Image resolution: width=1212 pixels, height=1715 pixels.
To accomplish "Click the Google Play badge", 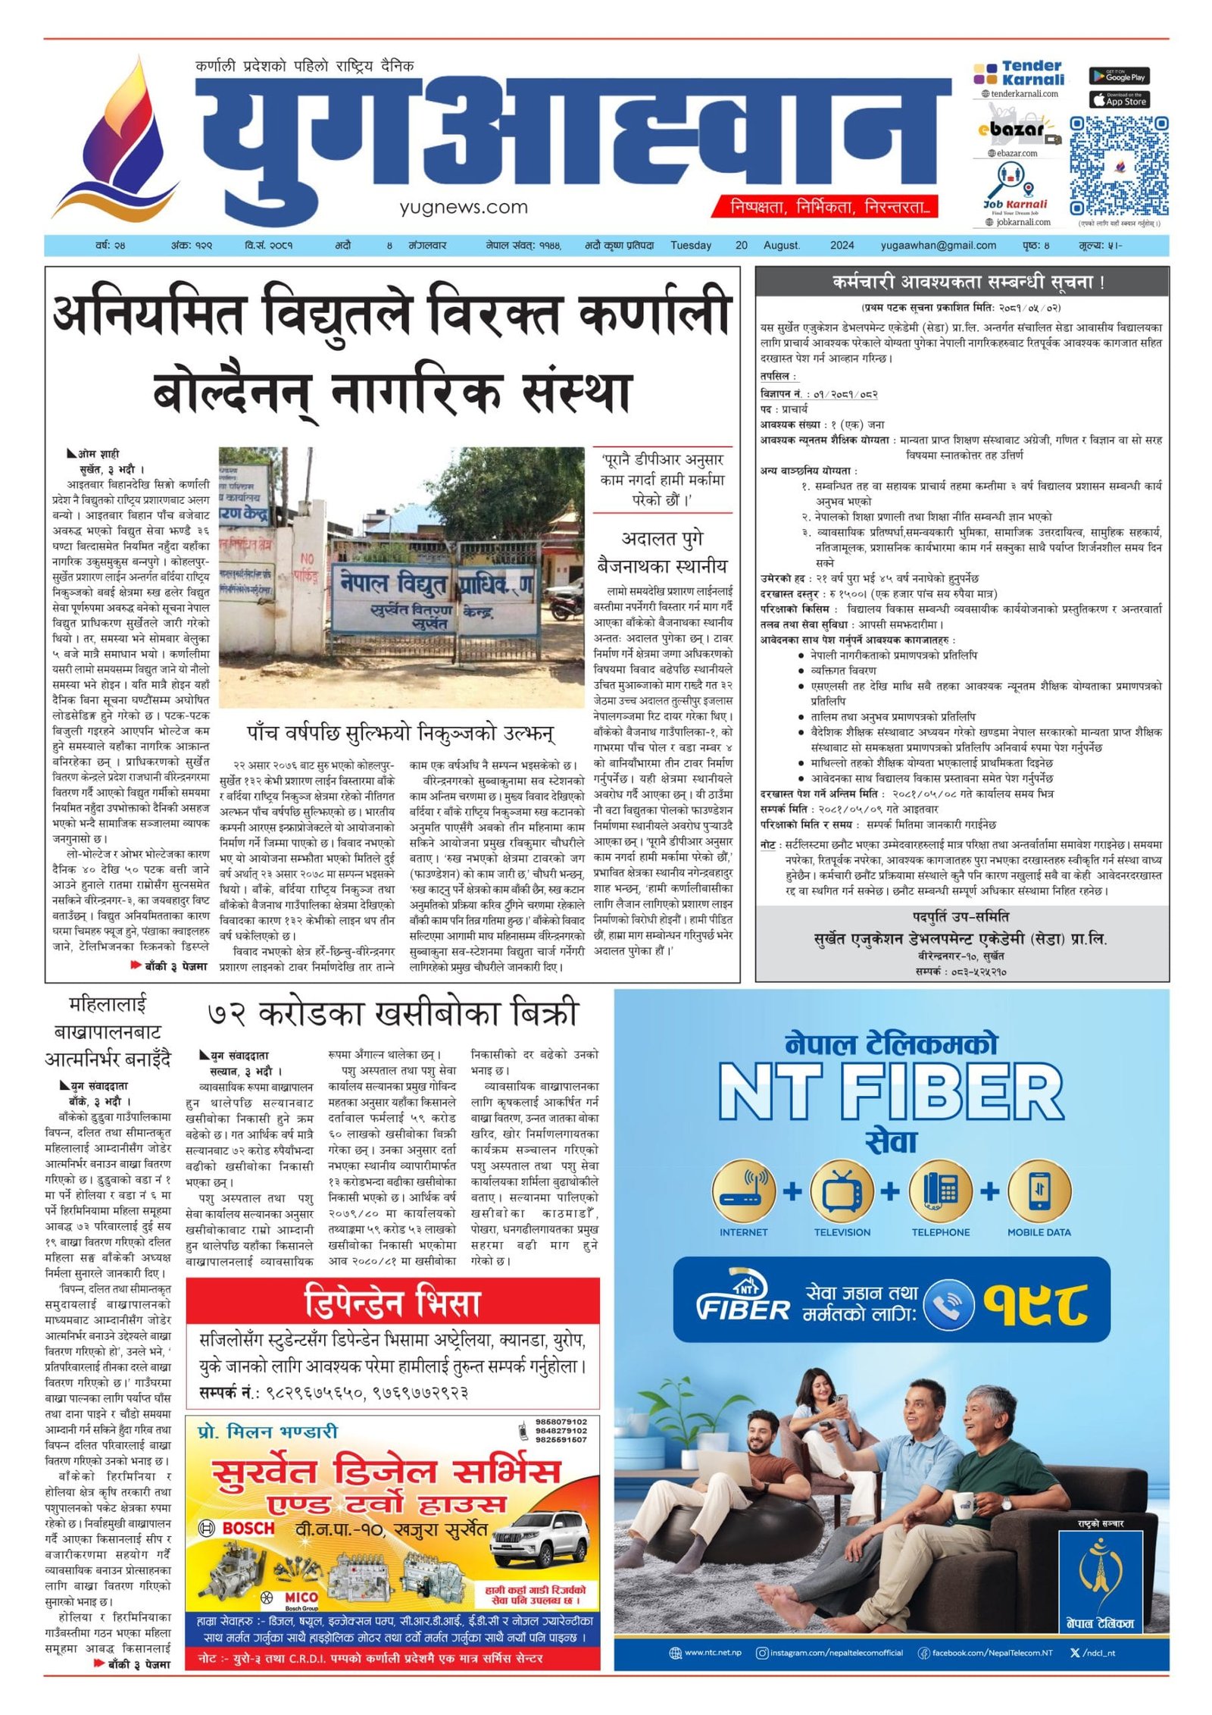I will pyautogui.click(x=1119, y=76).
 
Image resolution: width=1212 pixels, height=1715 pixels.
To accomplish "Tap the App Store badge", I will pyautogui.click(x=1119, y=99).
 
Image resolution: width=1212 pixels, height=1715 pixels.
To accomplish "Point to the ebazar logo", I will pyautogui.click(x=1015, y=130).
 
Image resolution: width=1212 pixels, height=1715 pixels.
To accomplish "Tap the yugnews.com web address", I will pyautogui.click(x=464, y=207).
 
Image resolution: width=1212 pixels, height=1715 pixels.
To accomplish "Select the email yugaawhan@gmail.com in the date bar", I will pyautogui.click(x=938, y=246).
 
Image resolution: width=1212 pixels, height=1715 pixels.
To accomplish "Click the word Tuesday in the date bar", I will pyautogui.click(x=691, y=246).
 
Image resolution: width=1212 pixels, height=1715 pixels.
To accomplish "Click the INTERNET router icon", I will pyautogui.click(x=743, y=1191).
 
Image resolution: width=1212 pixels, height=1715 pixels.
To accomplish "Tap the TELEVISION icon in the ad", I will pyautogui.click(x=842, y=1191).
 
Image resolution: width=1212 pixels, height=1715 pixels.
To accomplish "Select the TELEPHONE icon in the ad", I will pyautogui.click(x=940, y=1191).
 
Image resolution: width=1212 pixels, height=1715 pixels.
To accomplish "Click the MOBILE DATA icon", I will pyautogui.click(x=1039, y=1191).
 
